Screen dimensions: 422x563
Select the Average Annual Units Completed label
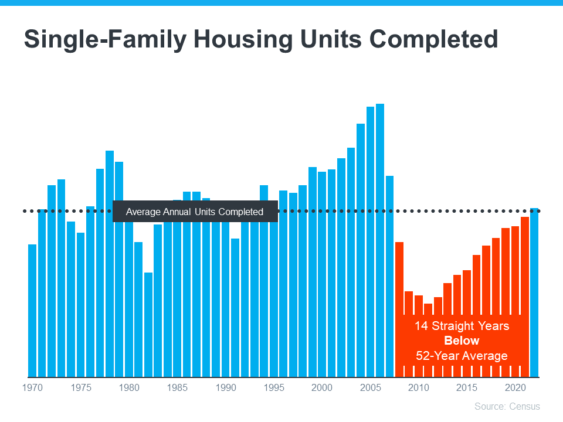pos(195,212)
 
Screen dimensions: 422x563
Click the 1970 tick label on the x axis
pos(32,388)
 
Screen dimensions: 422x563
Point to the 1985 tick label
pos(177,388)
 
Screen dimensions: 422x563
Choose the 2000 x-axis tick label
pos(322,388)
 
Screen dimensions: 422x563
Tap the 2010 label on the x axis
pos(418,388)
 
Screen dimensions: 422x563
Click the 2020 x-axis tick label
pos(515,388)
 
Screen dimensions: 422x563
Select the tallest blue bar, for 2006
pos(380,240)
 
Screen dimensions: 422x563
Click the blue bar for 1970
pos(32,311)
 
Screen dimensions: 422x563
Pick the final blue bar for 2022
pos(534,293)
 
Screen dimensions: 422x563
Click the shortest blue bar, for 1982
pos(148,325)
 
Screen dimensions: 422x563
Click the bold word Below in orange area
pos(462,341)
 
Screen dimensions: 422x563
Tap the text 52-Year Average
pos(462,356)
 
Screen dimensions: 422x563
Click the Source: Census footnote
pos(507,406)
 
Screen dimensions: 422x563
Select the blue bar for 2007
pos(389,275)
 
